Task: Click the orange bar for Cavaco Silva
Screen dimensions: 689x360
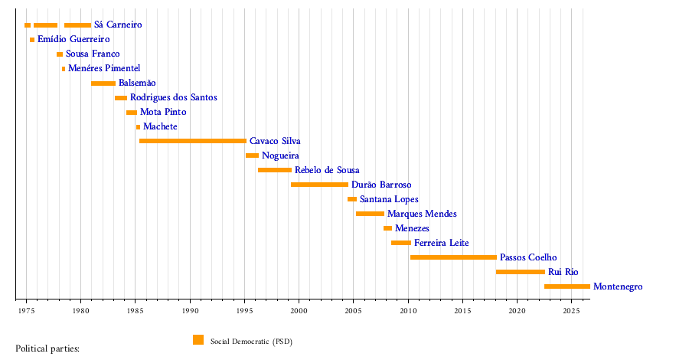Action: click(193, 141)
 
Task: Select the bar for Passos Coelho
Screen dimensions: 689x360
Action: click(453, 257)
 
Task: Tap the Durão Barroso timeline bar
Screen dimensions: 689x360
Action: click(319, 185)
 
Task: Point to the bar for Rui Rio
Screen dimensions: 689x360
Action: click(521, 272)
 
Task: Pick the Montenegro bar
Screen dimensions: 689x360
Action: click(567, 286)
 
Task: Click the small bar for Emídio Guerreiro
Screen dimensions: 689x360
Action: click(32, 40)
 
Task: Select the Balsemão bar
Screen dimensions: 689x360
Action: click(103, 83)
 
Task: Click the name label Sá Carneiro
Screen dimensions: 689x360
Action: click(118, 25)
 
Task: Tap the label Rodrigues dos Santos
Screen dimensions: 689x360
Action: click(174, 97)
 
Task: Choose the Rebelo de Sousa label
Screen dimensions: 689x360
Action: click(327, 170)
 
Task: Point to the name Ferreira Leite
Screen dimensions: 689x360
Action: click(442, 243)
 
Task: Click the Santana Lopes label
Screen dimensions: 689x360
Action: click(390, 200)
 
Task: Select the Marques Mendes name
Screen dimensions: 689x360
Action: click(423, 214)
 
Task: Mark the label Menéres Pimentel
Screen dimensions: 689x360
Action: click(104, 69)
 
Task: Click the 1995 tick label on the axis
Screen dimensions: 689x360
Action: click(245, 311)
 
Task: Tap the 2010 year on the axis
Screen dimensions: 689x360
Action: click(408, 311)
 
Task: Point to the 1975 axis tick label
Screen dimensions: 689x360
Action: click(26, 311)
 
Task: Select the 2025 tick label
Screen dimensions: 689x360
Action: click(572, 311)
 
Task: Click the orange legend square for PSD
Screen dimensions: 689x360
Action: click(198, 340)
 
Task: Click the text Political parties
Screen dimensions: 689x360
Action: click(47, 349)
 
